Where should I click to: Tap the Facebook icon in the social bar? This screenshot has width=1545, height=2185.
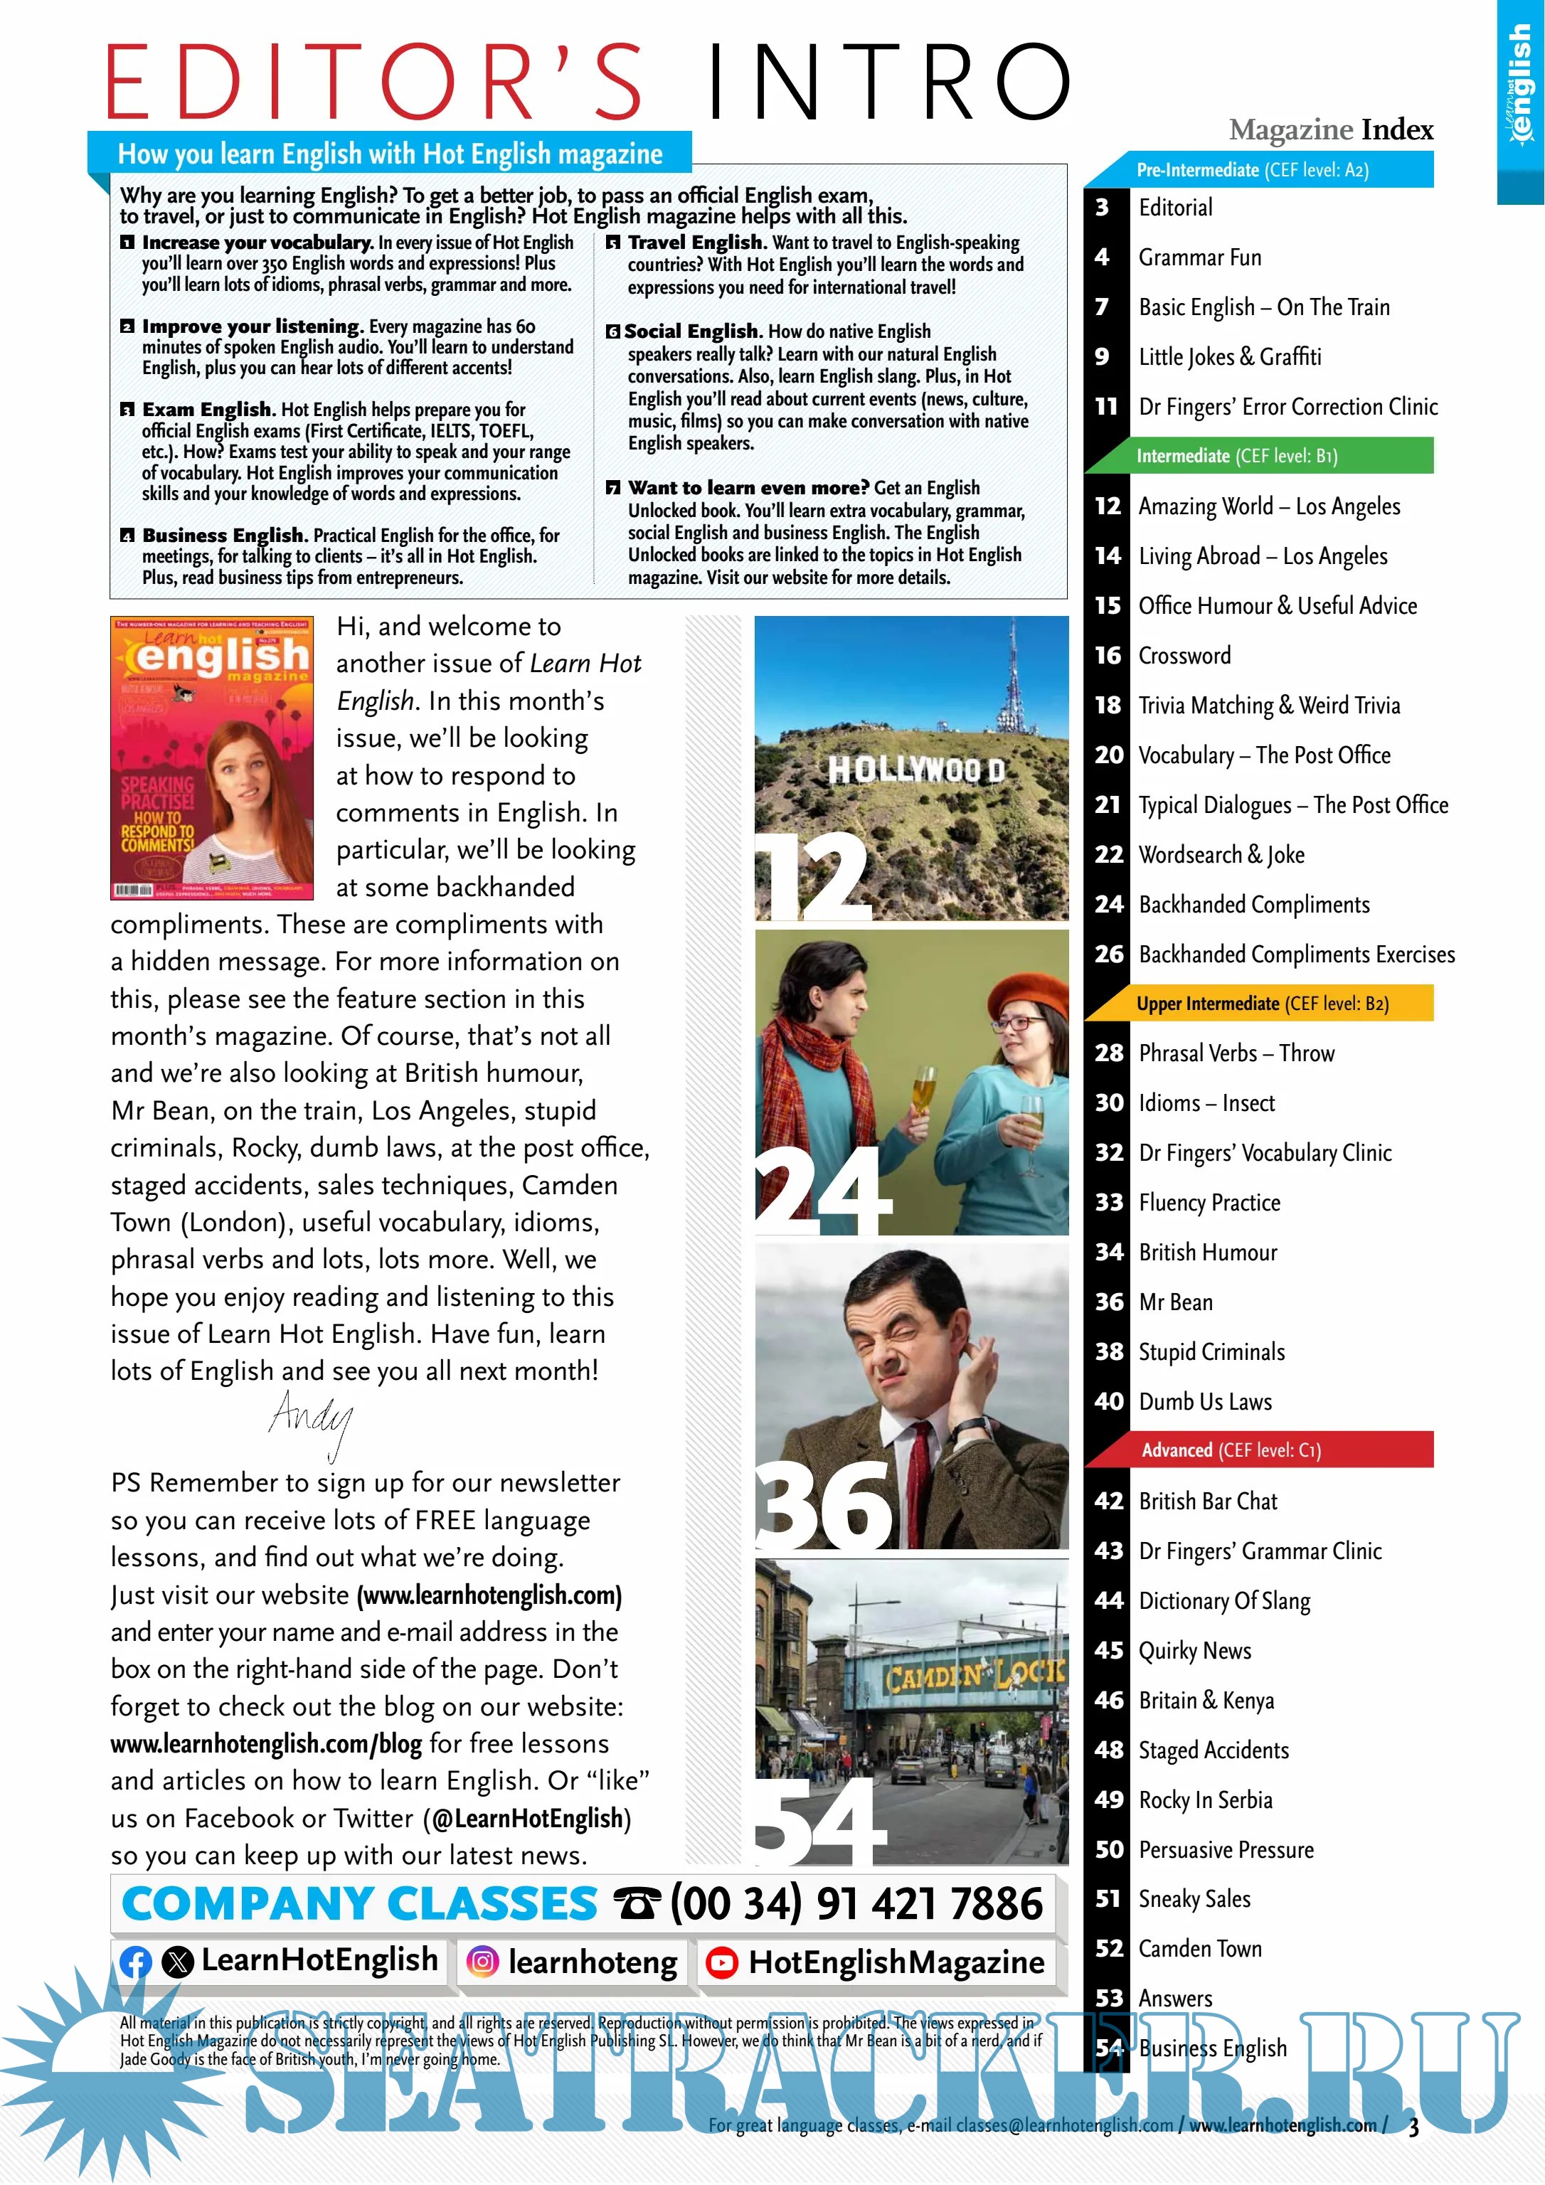tap(136, 1962)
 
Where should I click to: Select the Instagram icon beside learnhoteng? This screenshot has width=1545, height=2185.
tap(482, 1962)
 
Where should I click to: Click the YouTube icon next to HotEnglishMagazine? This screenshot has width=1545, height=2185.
tap(721, 1962)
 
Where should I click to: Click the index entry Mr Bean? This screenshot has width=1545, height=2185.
tap(1176, 1302)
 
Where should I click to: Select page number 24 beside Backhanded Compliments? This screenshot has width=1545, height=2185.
tap(1109, 904)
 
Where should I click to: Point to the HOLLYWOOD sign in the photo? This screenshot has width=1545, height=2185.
tap(915, 769)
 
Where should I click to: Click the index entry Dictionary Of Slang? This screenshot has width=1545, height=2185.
tap(1224, 1600)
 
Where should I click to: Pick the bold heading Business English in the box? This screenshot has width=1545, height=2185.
tap(223, 535)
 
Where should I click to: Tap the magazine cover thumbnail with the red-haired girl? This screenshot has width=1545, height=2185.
tap(211, 757)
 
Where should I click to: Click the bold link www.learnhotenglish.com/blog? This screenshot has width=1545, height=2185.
tap(265, 1743)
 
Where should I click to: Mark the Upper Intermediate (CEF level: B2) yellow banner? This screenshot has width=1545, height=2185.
tap(1261, 1003)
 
